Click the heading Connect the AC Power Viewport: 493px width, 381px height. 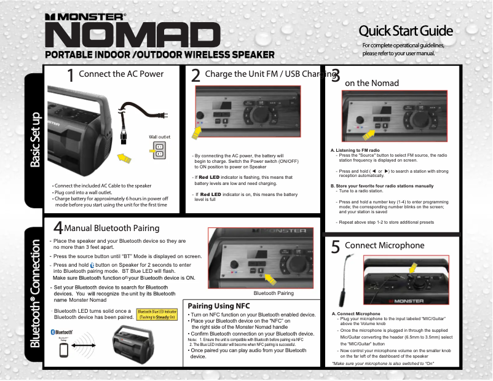121,74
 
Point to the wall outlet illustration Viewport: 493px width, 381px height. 159,150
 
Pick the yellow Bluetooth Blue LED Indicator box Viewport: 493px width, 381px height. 157,315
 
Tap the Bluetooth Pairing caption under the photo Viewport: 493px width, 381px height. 274,293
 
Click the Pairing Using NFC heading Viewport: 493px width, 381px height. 219,305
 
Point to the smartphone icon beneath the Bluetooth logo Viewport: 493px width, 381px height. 63,350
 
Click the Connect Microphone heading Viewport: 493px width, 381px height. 385,245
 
